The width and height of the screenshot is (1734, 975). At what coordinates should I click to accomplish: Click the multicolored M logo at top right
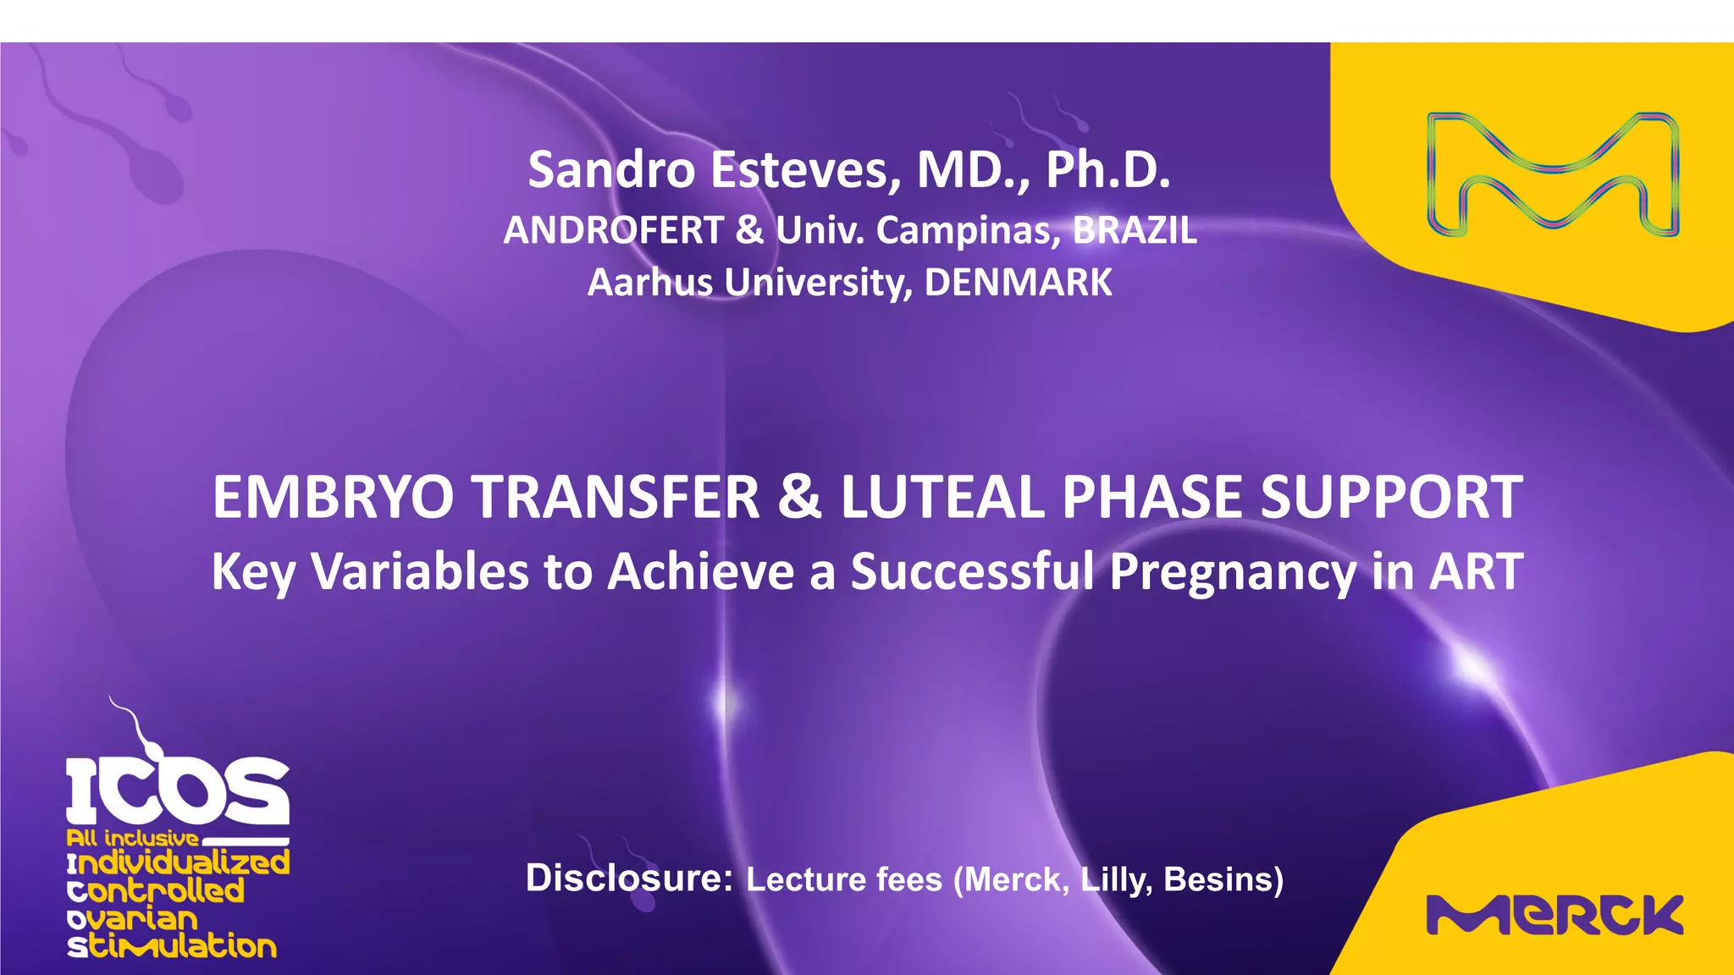[1553, 174]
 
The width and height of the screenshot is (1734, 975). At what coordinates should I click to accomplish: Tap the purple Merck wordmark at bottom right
[1555, 914]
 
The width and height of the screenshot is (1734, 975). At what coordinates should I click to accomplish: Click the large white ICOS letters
[178, 791]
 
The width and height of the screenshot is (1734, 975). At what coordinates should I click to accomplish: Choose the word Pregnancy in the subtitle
[1233, 572]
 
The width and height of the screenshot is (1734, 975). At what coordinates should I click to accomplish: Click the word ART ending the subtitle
[1477, 571]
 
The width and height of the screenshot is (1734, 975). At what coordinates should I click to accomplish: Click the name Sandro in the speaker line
[611, 170]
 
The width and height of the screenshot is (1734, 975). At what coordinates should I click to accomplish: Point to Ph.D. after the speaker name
[1107, 170]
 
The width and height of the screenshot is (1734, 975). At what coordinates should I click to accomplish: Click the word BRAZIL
[1135, 230]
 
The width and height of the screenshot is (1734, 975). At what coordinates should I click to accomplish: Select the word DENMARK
[1018, 283]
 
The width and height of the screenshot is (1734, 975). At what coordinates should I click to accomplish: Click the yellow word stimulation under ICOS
[173, 946]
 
